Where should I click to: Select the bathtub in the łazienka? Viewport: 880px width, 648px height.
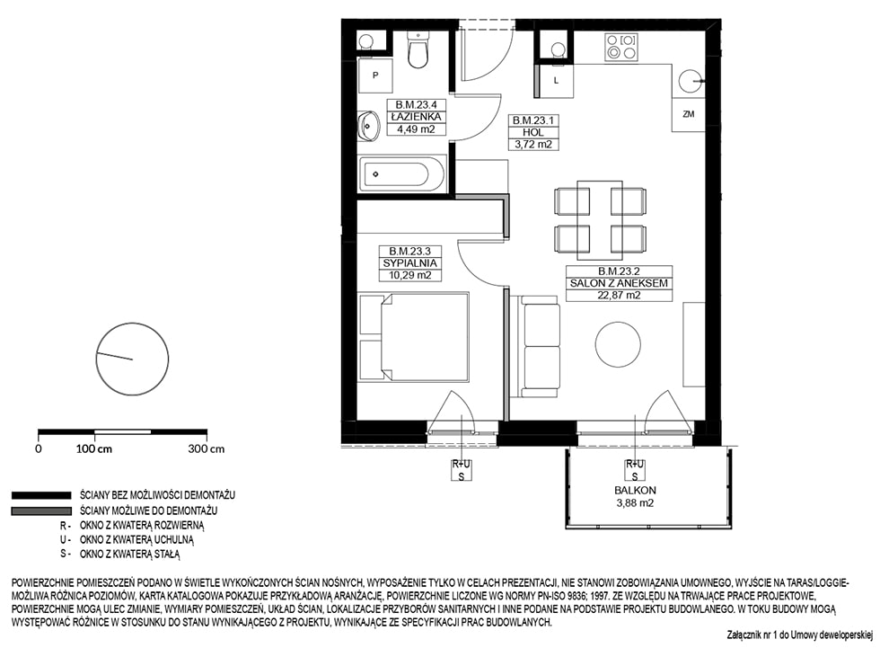403,173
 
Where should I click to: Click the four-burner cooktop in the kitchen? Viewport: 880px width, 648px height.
621,47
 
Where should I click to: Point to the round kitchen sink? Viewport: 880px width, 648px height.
690,81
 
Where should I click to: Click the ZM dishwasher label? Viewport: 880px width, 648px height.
689,114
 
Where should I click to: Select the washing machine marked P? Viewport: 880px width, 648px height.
375,75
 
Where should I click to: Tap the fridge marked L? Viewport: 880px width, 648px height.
556,81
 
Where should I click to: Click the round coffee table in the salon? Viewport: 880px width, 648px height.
618,345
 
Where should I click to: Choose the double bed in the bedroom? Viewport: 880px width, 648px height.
414,336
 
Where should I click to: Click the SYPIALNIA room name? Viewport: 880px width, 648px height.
409,262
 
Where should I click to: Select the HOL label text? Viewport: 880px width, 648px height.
533,132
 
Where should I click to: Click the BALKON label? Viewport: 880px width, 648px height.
635,490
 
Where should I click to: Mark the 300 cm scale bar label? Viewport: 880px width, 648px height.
206,448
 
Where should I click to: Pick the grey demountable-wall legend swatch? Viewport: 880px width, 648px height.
41,511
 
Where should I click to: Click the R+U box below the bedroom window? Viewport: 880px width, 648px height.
462,465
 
